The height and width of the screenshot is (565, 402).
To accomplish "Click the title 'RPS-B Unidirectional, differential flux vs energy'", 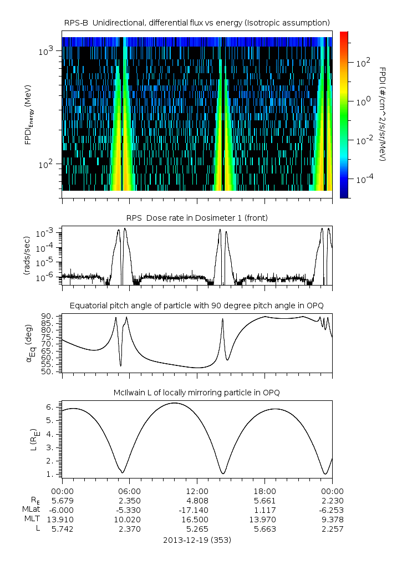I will point(197,22).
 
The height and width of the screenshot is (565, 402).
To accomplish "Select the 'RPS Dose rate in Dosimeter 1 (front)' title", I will point(197,218).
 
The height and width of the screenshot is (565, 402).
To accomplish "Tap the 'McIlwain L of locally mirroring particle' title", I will point(197,393).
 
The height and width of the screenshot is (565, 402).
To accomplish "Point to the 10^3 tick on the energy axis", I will point(45,51).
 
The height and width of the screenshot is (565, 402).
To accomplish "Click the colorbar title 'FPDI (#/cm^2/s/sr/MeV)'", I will point(383,114).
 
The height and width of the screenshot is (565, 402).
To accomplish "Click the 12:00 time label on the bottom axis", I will point(197,491).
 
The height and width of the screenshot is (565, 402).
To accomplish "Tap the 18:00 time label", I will point(264,491).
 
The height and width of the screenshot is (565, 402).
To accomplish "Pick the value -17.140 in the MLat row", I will point(197,510).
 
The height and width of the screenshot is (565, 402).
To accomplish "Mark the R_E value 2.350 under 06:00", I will point(130,500).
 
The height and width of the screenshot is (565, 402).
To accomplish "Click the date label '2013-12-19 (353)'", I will point(197,539).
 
